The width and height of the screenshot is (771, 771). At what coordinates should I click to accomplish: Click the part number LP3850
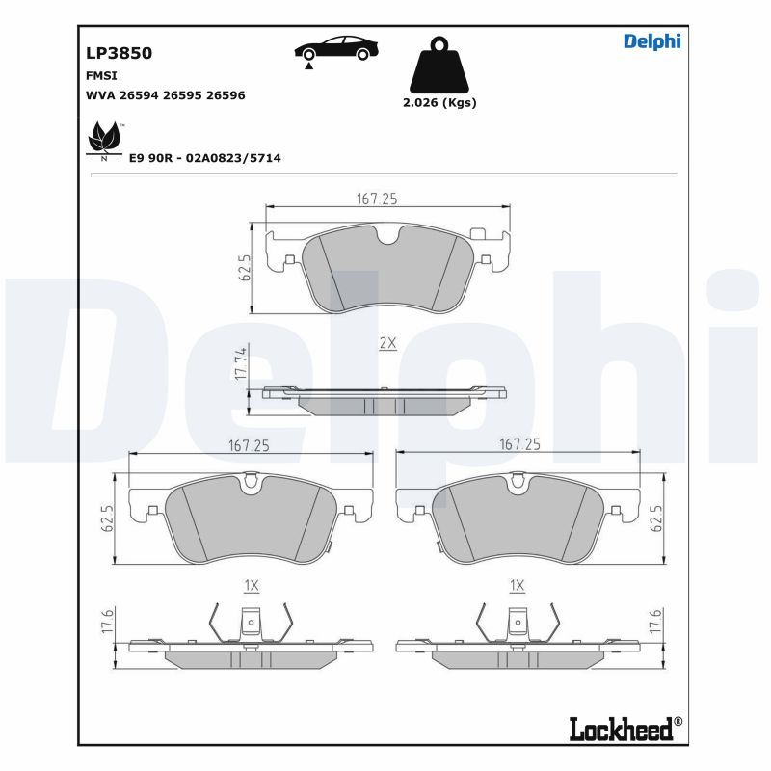pyautogui.click(x=120, y=54)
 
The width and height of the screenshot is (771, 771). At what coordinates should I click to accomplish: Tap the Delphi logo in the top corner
pyautogui.click(x=651, y=40)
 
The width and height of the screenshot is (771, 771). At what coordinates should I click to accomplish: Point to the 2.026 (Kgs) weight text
pyautogui.click(x=439, y=102)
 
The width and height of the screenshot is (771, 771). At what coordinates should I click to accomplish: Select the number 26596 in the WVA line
pyautogui.click(x=223, y=95)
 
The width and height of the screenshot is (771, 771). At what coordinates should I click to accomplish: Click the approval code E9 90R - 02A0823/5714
pyautogui.click(x=204, y=157)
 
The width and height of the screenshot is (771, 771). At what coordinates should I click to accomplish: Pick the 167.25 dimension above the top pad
pyautogui.click(x=377, y=199)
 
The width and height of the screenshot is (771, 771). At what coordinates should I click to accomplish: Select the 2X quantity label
pyautogui.click(x=387, y=344)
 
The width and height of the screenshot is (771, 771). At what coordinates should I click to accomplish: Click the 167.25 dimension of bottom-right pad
pyautogui.click(x=519, y=444)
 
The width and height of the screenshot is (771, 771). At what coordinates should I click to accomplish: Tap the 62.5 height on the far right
pyautogui.click(x=658, y=519)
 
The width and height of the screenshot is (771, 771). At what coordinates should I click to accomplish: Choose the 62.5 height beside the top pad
pyautogui.click(x=245, y=267)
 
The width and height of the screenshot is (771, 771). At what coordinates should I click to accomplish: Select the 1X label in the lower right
pyautogui.click(x=517, y=585)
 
